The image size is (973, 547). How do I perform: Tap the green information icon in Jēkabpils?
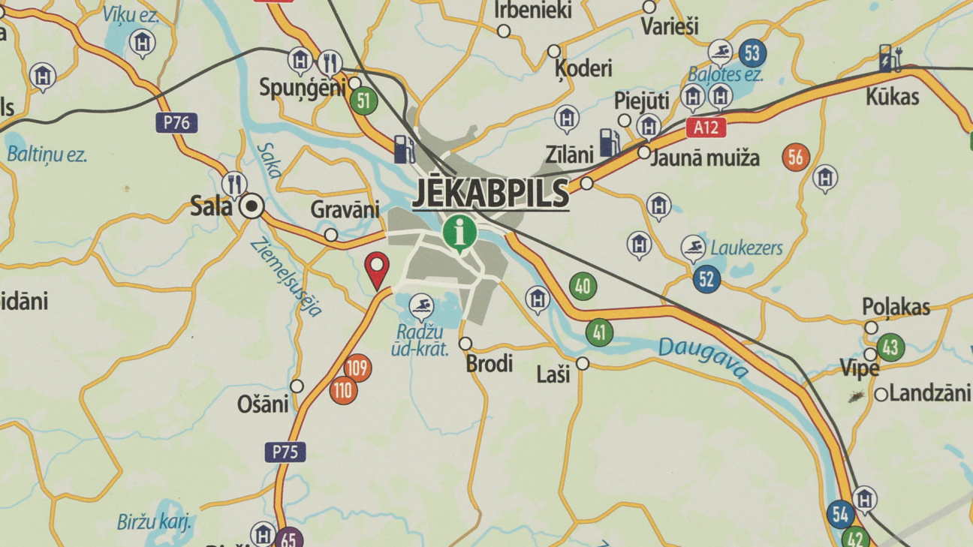(459, 232)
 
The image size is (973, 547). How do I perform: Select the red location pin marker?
(377, 269)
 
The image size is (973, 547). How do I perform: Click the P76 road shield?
(177, 123)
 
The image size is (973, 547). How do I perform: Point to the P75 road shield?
(285, 452)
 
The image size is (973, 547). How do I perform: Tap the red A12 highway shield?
(706, 128)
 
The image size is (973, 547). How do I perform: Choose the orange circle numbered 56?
(796, 158)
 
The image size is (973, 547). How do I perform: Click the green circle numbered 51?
(363, 101)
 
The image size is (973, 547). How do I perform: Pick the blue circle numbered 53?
(752, 54)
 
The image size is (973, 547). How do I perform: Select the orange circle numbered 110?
(343, 390)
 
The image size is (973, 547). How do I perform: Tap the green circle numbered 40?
(583, 286)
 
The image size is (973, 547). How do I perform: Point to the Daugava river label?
(703, 356)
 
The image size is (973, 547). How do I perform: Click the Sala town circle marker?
(253, 206)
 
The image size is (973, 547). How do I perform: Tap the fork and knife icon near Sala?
(235, 184)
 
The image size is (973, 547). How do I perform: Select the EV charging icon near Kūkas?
(890, 59)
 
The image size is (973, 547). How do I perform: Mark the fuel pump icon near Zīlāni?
(609, 142)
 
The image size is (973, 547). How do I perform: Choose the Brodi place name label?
(490, 365)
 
